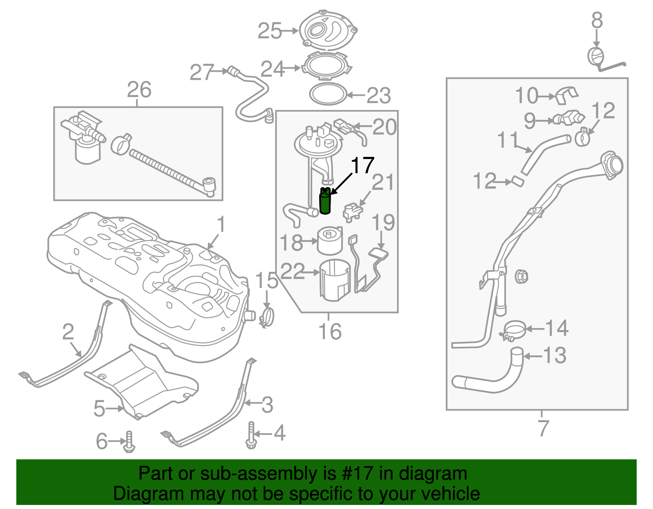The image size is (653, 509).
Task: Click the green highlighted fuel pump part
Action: (325, 201)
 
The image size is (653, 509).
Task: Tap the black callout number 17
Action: (362, 165)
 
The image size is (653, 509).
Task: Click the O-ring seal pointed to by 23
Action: (328, 94)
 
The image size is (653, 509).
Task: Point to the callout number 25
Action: (270, 31)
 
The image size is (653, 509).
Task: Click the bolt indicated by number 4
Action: (251, 436)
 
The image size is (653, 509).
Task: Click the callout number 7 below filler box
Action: (543, 428)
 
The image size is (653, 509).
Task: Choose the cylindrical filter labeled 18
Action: (330, 241)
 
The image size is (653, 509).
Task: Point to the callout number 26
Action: (139, 90)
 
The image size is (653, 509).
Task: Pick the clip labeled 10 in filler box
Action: (567, 95)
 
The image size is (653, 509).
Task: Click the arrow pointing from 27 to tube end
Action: (222, 71)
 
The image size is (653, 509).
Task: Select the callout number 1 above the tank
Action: (221, 225)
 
